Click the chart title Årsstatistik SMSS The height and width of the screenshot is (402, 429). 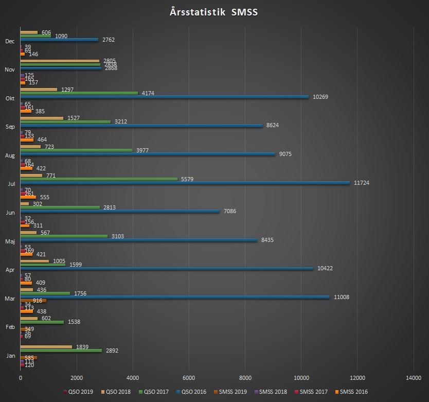pyautogui.click(x=213, y=12)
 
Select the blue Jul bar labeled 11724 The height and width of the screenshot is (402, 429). pyautogui.click(x=185, y=183)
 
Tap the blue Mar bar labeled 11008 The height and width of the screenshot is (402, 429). pyautogui.click(x=175, y=297)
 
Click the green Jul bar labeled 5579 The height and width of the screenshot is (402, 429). pyautogui.click(x=99, y=179)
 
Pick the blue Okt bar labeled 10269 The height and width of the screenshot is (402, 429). pyautogui.click(x=165, y=97)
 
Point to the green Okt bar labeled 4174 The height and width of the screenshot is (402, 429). pyautogui.click(x=79, y=93)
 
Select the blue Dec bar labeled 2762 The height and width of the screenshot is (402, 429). pyautogui.click(x=59, y=40)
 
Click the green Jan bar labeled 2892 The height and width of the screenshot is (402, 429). pyautogui.click(x=61, y=351)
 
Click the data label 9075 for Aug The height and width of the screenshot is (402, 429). pyautogui.click(x=285, y=154)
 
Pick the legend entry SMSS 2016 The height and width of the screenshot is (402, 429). pyautogui.click(x=353, y=392)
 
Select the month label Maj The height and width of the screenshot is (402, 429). pyautogui.click(x=10, y=241)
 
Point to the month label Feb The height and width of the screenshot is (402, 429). pyautogui.click(x=10, y=327)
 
